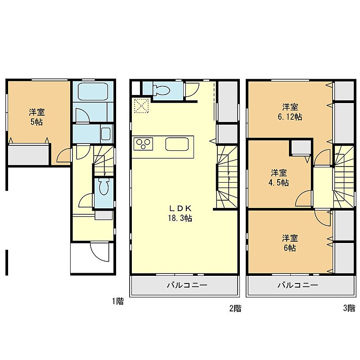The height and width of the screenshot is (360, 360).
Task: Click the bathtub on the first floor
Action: tap(93, 91)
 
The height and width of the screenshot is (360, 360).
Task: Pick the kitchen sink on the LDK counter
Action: tap(177, 144)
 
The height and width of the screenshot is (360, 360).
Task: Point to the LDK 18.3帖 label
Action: tap(180, 213)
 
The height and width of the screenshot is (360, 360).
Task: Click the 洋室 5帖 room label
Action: tap(37, 117)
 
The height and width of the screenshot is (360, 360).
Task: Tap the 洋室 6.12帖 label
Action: tap(290, 112)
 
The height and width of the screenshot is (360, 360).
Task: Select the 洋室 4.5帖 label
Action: tap(279, 177)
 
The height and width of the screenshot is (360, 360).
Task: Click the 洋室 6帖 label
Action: tap(290, 243)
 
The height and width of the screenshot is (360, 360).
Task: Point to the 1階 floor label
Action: tap(118, 301)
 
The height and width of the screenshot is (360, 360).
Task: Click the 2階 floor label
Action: tap(235, 308)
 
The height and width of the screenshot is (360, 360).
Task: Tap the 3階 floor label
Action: tap(349, 308)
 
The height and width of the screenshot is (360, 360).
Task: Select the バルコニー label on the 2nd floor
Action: tap(187, 285)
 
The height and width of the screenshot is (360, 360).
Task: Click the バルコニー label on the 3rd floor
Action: tap(298, 285)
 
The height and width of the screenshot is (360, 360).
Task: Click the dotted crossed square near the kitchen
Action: tap(142, 106)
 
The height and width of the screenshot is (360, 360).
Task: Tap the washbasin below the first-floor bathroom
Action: tap(106, 133)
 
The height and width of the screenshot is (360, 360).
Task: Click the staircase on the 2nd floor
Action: tap(227, 177)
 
